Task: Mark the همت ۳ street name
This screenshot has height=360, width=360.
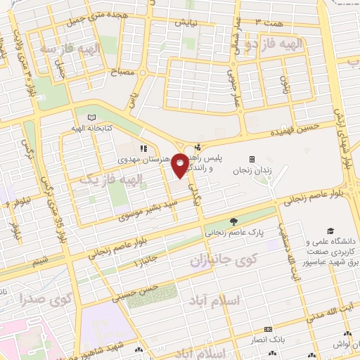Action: (269, 23)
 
